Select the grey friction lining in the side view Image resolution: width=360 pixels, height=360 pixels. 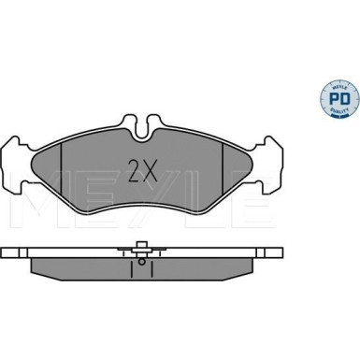[x=94, y=266]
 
